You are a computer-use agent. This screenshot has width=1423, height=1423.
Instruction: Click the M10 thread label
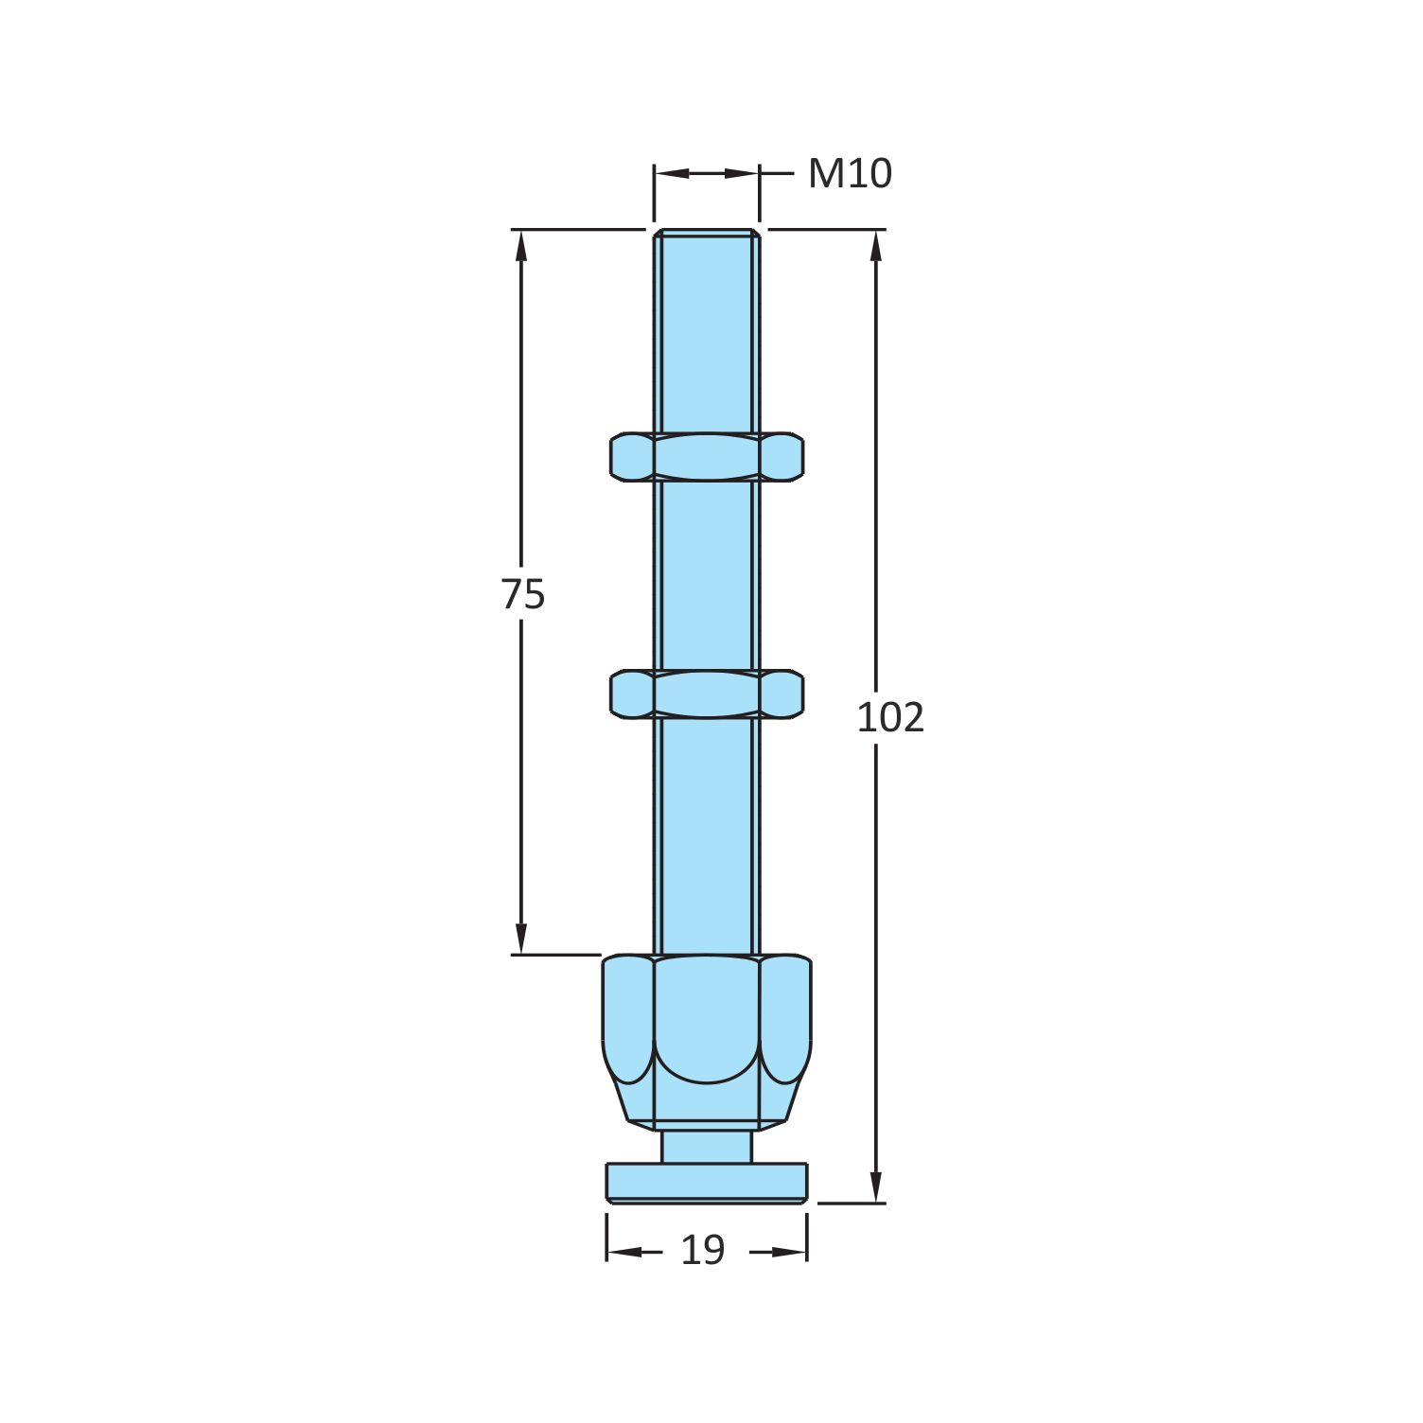click(x=849, y=174)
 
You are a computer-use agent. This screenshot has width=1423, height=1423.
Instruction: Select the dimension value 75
click(x=522, y=595)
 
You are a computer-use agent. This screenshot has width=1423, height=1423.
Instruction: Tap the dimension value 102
click(x=889, y=718)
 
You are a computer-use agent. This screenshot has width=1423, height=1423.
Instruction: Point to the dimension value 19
click(x=702, y=1251)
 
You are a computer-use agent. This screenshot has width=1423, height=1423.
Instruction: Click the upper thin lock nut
click(x=707, y=457)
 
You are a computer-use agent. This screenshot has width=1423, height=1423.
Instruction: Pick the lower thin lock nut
click(x=707, y=694)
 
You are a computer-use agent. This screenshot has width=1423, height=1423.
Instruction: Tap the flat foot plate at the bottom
click(x=707, y=1183)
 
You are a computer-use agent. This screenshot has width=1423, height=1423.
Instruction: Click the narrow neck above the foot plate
click(x=707, y=1146)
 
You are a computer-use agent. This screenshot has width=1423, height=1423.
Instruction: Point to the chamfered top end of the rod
click(x=707, y=233)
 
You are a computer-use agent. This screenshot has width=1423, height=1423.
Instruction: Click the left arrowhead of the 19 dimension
click(x=621, y=1252)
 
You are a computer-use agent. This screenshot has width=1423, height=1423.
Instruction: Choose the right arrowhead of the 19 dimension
click(x=793, y=1252)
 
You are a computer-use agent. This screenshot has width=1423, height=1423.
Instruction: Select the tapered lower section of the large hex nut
click(x=707, y=1102)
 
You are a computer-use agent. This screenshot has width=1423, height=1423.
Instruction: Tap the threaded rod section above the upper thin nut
click(x=707, y=331)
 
